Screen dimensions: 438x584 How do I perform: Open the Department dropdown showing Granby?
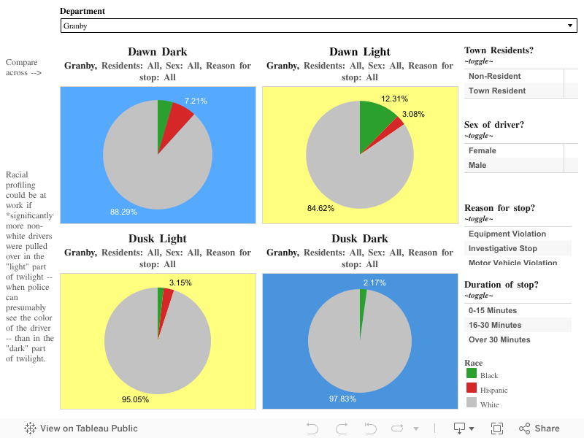tap(319, 26)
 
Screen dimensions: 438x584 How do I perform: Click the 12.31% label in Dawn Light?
tap(394, 99)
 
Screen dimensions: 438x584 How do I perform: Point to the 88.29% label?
tap(123, 212)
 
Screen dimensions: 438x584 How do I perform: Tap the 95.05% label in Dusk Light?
tap(135, 399)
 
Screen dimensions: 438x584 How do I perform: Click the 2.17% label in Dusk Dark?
tap(374, 283)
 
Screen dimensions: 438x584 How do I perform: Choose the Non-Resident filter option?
tap(494, 76)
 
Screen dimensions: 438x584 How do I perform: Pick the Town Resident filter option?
tap(496, 91)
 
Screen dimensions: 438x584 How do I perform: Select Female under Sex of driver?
tap(482, 150)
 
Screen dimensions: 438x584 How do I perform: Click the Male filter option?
tap(477, 165)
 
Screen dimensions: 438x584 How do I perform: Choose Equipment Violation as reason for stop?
tap(507, 234)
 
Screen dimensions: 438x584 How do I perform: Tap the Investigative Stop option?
tap(502, 248)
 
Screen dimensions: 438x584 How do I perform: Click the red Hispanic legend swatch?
tap(471, 388)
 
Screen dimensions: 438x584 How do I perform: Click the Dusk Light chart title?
tap(157, 239)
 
